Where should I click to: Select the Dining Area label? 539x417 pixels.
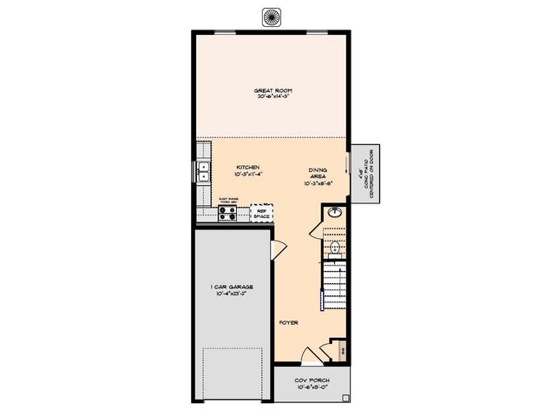(x=318, y=172)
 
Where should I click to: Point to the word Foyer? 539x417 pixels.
(x=289, y=322)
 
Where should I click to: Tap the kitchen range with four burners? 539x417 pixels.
(x=229, y=213)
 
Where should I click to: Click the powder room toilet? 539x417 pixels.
(x=336, y=249)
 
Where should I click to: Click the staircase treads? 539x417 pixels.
(x=336, y=287)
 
